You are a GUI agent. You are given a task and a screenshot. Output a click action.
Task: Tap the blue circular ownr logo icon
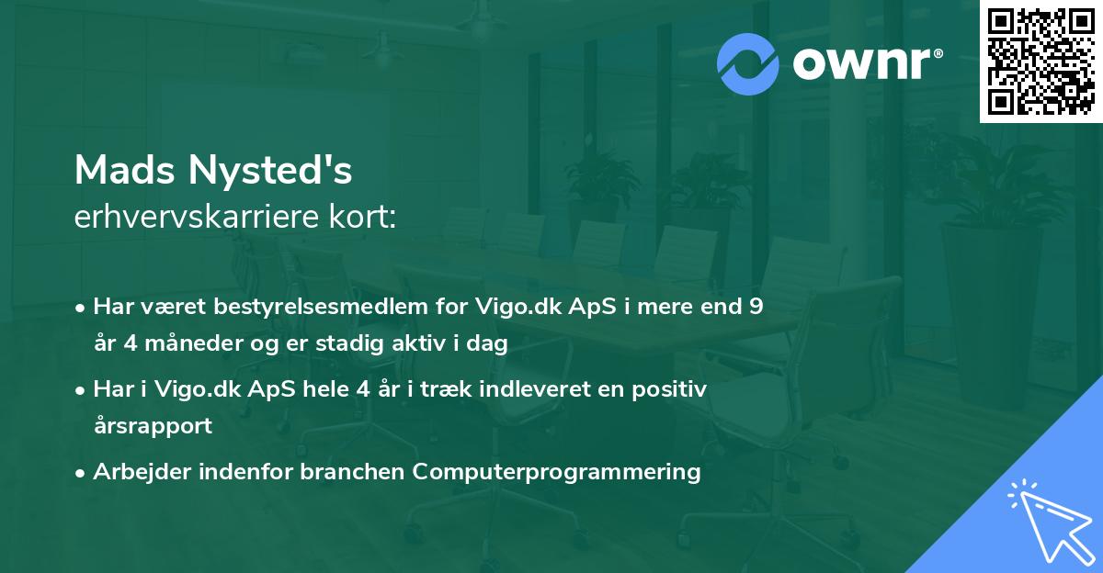(748, 63)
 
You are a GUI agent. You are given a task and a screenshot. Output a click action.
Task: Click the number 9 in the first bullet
(756, 307)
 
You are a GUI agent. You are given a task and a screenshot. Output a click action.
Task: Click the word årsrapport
(153, 426)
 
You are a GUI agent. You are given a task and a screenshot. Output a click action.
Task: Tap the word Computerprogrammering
(557, 472)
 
